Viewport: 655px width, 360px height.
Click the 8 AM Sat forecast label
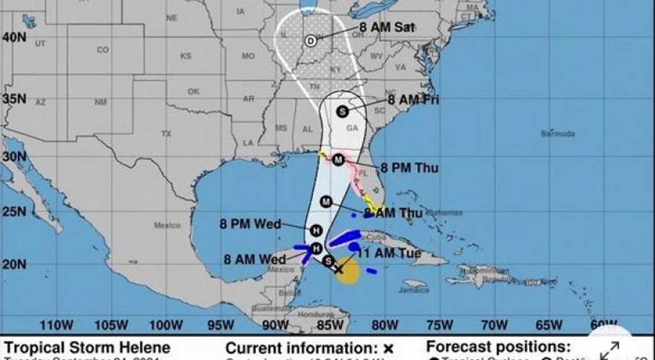(386, 27)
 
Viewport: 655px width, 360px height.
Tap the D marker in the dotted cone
(310, 41)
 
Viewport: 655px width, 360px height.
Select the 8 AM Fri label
(413, 100)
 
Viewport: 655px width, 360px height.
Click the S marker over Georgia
(342, 111)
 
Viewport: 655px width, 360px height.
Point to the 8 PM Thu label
(409, 168)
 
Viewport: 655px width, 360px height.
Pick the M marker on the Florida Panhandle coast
(338, 160)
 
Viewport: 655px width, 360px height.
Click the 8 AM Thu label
(393, 213)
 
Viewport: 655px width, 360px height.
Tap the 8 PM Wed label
(250, 224)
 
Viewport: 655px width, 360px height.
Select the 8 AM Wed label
(255, 260)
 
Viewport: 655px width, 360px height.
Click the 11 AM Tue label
(389, 254)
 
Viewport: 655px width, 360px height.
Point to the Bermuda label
(558, 134)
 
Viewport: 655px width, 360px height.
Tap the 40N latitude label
(13, 37)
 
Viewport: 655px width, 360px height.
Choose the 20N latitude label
(13, 264)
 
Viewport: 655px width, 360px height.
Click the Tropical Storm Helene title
(88, 348)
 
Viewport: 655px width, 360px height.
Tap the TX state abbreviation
(166, 134)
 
